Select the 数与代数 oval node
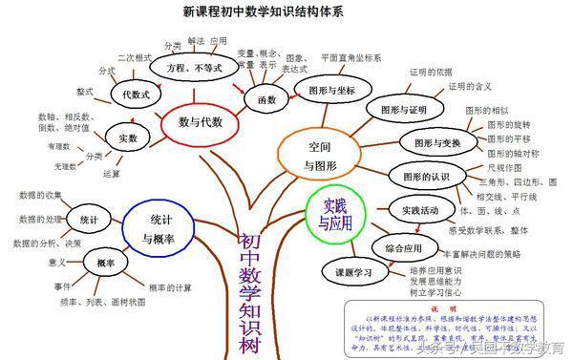tap(201, 121)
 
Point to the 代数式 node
tap(132, 95)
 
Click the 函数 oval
tap(259, 98)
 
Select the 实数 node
tap(126, 138)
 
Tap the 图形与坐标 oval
tap(326, 90)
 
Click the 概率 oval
tap(106, 263)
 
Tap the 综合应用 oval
tap(405, 248)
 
